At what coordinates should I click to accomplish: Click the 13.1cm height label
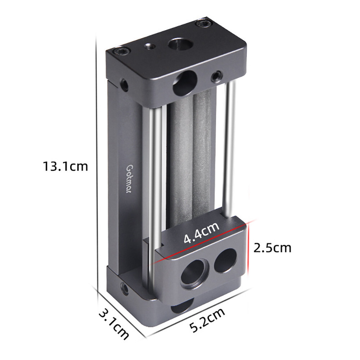click(x=65, y=167)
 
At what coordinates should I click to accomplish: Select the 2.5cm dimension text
click(x=272, y=248)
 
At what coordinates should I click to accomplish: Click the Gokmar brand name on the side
click(x=129, y=179)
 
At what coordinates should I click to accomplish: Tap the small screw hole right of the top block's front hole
click(x=216, y=76)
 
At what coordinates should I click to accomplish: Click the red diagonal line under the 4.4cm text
click(x=202, y=243)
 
